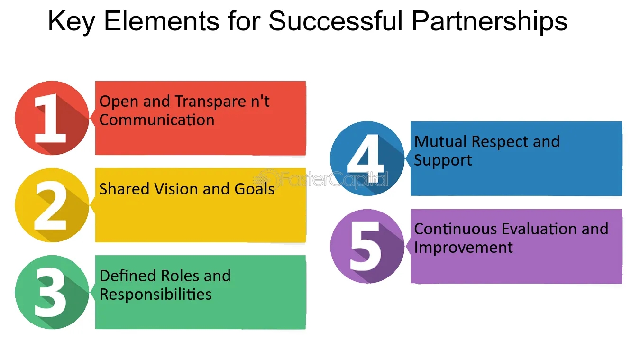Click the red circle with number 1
point(52,118)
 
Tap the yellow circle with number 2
point(52,205)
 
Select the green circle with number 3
point(52,292)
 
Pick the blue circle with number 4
point(367,158)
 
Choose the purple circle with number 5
point(367,246)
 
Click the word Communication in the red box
point(157,120)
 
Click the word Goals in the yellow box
point(255,189)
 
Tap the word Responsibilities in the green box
point(155,295)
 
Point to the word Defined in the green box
point(128,276)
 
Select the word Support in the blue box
point(443,160)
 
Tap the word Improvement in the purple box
point(463,248)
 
